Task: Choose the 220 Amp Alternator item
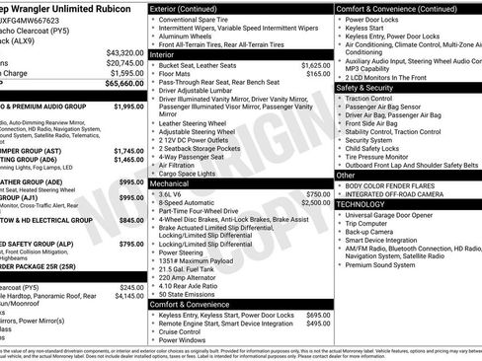192,276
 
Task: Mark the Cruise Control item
184,331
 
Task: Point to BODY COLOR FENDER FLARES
392,185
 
